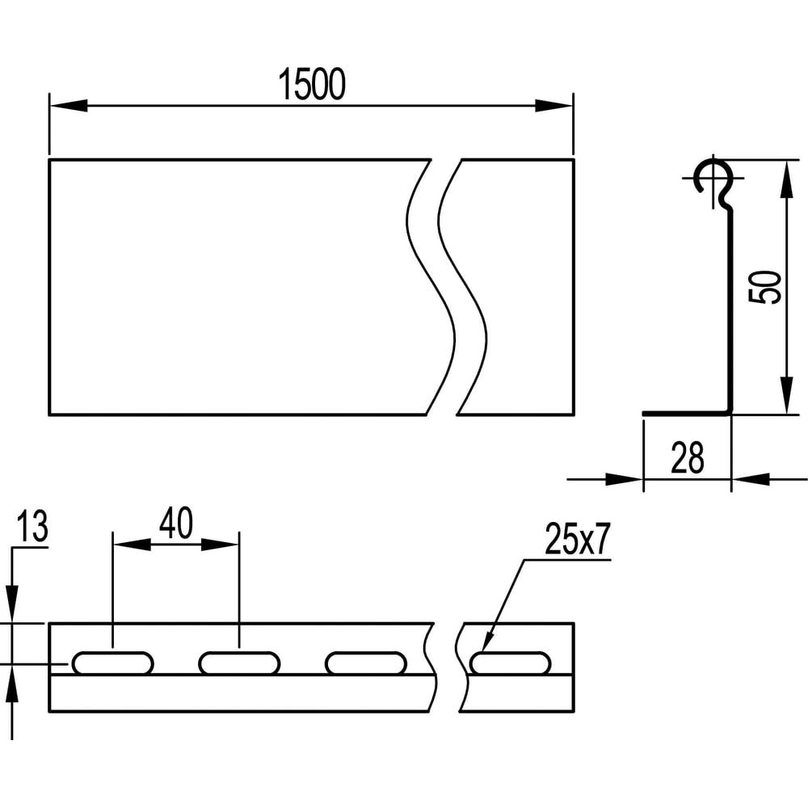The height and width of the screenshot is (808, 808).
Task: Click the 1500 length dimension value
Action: pyautogui.click(x=312, y=85)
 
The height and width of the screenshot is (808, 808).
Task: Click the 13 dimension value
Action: pyautogui.click(x=32, y=527)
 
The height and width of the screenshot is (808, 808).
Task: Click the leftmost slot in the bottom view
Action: pyautogui.click(x=112, y=663)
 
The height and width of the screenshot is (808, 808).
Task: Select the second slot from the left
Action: pyautogui.click(x=239, y=663)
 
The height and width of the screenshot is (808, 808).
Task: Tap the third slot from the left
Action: pyautogui.click(x=366, y=663)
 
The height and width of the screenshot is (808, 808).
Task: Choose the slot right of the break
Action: pyautogui.click(x=511, y=663)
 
